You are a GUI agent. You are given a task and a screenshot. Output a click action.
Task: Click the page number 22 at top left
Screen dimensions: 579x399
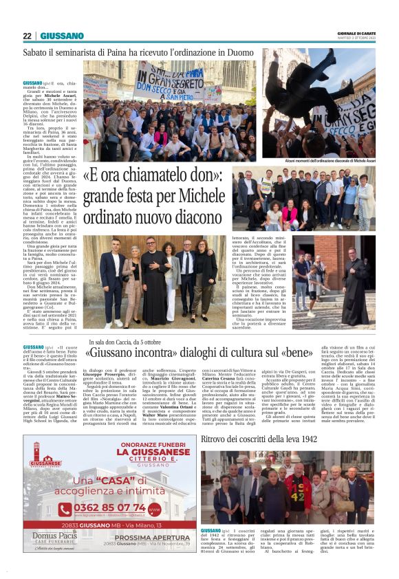(27, 36)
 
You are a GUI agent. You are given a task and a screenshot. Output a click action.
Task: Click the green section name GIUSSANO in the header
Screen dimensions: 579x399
(62, 36)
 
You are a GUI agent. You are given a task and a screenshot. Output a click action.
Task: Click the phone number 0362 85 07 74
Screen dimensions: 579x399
(118, 507)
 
